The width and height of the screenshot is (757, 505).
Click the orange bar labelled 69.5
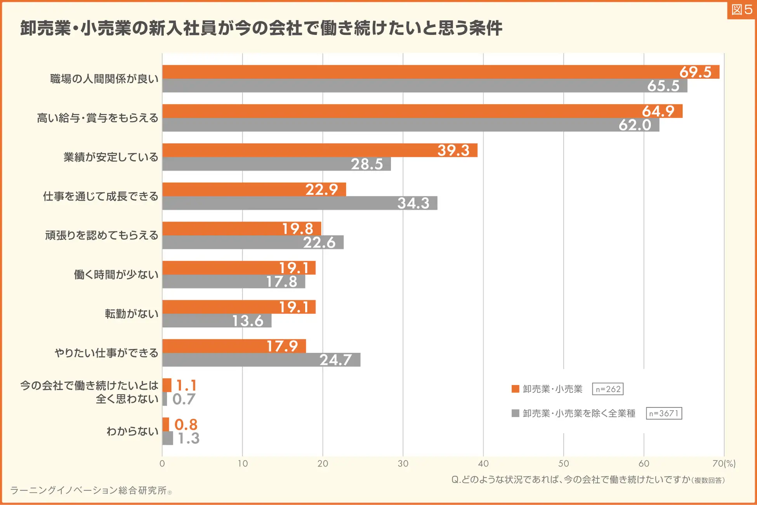pyautogui.click(x=441, y=72)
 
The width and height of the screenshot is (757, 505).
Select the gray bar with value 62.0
pyautogui.click(x=411, y=125)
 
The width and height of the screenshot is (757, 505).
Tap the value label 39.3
pyautogui.click(x=453, y=151)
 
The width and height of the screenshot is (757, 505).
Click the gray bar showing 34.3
pyautogui.click(x=300, y=203)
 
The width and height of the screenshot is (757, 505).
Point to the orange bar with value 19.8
pyautogui.click(x=241, y=229)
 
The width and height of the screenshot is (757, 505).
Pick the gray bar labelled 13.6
pyautogui.click(x=217, y=321)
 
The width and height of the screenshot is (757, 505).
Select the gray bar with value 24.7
pyautogui.click(x=261, y=360)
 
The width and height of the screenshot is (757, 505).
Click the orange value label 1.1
pyautogui.click(x=186, y=385)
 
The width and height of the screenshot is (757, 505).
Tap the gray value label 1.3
pyautogui.click(x=189, y=438)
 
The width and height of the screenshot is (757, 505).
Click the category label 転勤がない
pyautogui.click(x=132, y=314)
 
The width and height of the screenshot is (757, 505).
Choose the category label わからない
pyautogui.click(x=132, y=431)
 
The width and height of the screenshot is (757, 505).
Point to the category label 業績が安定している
pyautogui.click(x=111, y=157)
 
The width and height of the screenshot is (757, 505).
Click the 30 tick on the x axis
pyautogui.click(x=403, y=463)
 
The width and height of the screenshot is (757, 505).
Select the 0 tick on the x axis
pyautogui.click(x=162, y=463)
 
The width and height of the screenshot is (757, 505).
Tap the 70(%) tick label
pyautogui.click(x=724, y=463)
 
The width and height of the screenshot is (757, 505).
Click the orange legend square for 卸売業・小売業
pyautogui.click(x=516, y=389)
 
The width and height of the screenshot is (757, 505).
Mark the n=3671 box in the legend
pyautogui.click(x=664, y=413)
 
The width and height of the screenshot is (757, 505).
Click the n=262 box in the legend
pyautogui.click(x=608, y=389)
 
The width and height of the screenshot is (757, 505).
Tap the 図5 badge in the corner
pyautogui.click(x=741, y=10)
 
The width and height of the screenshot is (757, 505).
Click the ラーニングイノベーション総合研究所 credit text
pyautogui.click(x=89, y=491)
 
